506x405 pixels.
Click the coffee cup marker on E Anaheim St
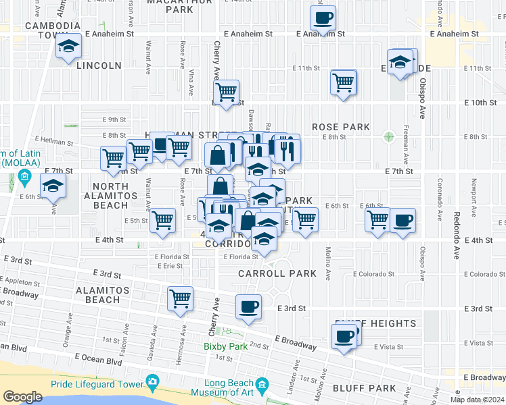323,18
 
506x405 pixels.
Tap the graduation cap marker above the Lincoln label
67,47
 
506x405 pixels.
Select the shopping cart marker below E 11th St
344,83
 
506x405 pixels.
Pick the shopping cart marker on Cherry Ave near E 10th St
226,91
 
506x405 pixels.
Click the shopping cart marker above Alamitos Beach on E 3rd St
180,299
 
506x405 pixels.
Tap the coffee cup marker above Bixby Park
248,307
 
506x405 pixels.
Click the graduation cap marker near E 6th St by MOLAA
53,186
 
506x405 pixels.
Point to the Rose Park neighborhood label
341,127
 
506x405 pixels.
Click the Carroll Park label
277,273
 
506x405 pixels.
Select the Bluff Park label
364,388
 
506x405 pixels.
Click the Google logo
22,397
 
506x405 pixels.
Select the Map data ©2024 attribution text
477,400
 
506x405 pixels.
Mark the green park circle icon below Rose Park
388,136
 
